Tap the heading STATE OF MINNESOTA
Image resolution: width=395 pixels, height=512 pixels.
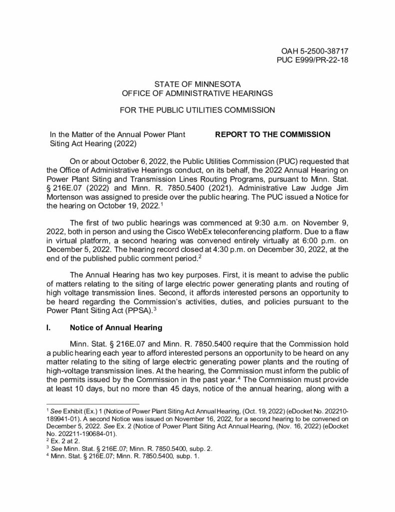click(198, 83)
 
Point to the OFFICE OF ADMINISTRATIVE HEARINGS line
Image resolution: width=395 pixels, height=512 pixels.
click(198, 93)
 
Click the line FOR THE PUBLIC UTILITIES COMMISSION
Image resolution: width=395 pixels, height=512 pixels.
click(198, 110)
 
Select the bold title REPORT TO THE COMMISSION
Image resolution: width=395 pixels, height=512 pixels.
click(273, 134)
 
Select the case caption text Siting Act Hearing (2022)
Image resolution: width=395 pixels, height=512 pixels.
click(93, 143)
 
